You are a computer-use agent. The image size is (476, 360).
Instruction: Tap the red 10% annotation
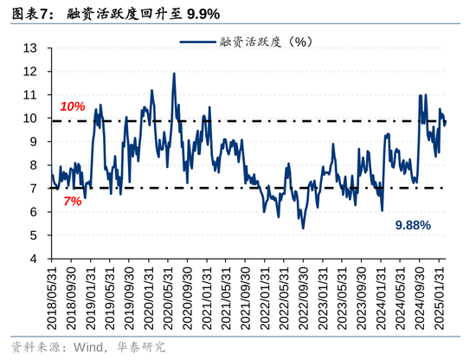tap(72, 106)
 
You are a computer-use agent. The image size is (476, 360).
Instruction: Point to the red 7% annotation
tap(72, 201)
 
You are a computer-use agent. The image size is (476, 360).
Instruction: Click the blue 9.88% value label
tap(413, 225)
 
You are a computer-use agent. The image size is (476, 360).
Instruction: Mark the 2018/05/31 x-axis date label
tap(54, 295)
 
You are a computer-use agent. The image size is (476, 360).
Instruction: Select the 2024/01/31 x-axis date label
tap(381, 295)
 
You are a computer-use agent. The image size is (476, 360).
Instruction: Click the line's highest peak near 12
tap(174, 74)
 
